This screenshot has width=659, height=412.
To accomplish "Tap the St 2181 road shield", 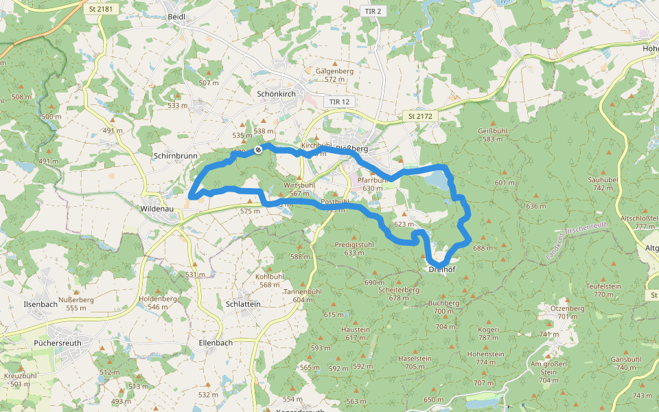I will (100, 10).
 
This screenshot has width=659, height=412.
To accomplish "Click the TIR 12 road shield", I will (339, 102).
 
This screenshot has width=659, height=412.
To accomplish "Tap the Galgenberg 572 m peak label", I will (334, 75).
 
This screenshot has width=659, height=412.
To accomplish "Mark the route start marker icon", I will (258, 149).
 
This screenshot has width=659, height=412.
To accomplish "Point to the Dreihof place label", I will (442, 270).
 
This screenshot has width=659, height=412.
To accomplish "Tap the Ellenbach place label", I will (215, 342).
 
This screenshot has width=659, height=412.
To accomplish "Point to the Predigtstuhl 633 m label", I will (354, 248).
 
